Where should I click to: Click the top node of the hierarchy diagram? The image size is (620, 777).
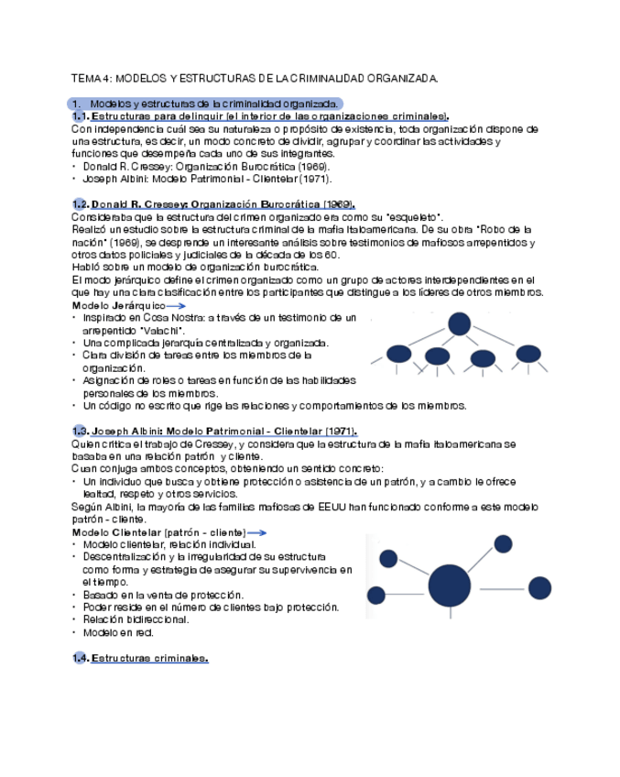pyautogui.click(x=459, y=323)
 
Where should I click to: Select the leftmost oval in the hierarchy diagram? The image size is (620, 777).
pyautogui.click(x=398, y=354)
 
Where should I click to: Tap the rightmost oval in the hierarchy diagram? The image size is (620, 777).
pyautogui.click(x=528, y=353)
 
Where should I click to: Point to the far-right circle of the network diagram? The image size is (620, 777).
pyautogui.click(x=540, y=587)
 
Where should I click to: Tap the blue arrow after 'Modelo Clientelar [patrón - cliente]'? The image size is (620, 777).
pyautogui.click(x=257, y=532)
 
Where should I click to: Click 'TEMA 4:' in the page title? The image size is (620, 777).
pyautogui.click(x=92, y=79)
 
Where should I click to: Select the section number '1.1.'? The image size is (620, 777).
pyautogui.click(x=81, y=117)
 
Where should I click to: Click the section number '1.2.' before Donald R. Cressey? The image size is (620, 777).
pyautogui.click(x=81, y=203)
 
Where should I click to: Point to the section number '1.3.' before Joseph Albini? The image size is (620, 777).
pyautogui.click(x=81, y=432)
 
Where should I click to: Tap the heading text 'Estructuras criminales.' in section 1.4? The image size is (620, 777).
pyautogui.click(x=150, y=658)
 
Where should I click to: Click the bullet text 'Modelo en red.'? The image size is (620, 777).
pyautogui.click(x=118, y=632)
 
